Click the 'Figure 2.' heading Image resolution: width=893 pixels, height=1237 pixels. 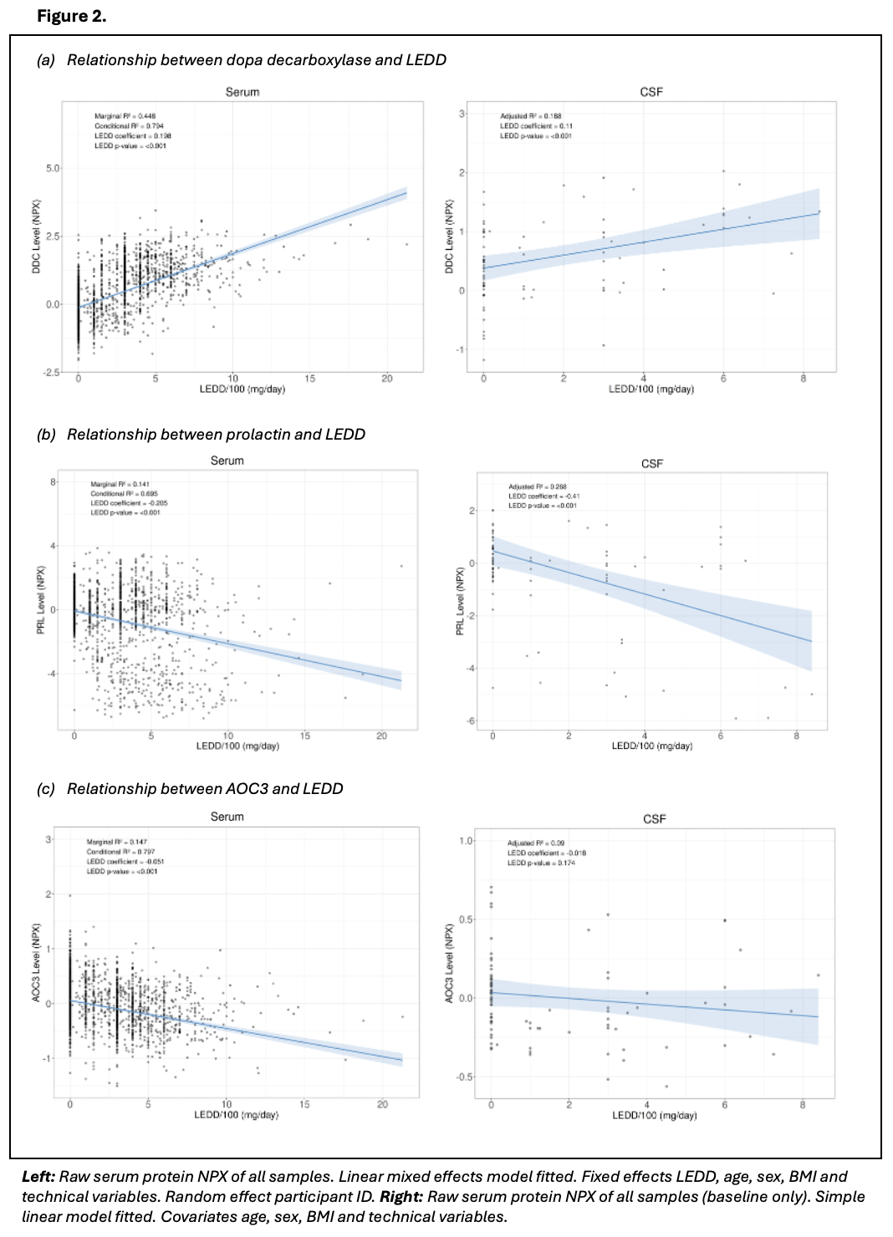click(x=71, y=16)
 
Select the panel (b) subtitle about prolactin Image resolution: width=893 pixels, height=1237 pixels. click(x=201, y=435)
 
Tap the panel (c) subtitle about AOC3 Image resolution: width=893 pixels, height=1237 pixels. click(x=190, y=789)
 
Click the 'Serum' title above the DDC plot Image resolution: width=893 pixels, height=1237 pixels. click(x=242, y=92)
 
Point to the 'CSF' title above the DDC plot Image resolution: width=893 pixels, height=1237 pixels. click(x=651, y=92)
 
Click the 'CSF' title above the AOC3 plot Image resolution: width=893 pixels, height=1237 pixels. click(x=654, y=819)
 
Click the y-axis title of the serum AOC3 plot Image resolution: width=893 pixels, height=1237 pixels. click(x=36, y=963)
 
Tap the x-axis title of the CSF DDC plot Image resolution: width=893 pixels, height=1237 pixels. click(x=651, y=389)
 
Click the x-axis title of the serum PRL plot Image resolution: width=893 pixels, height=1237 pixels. click(x=237, y=746)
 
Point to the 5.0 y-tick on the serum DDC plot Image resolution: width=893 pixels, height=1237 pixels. click(x=53, y=168)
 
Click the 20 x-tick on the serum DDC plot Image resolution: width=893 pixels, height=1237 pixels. click(x=387, y=379)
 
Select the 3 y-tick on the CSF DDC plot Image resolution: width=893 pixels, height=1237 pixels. click(x=462, y=114)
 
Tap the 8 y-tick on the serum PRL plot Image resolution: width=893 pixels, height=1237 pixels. click(x=53, y=482)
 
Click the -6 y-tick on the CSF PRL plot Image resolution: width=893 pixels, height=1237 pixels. click(x=470, y=720)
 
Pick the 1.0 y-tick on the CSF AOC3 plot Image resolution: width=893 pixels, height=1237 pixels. click(x=466, y=841)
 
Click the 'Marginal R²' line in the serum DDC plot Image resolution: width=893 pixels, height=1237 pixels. click(x=125, y=116)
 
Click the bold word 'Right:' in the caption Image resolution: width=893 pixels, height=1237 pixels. click(x=401, y=1197)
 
